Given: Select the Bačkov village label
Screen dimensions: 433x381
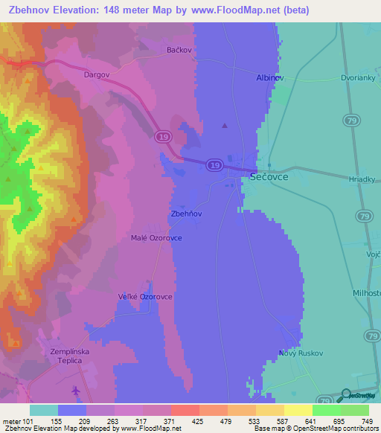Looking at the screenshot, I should tap(179, 50).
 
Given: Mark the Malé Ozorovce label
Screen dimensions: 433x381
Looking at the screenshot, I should tap(153, 238).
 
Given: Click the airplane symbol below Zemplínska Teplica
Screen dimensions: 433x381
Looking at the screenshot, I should tap(77, 391).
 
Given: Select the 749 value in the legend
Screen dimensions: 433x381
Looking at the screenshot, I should tap(368, 420).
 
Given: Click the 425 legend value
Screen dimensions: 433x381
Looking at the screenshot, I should tap(197, 420).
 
